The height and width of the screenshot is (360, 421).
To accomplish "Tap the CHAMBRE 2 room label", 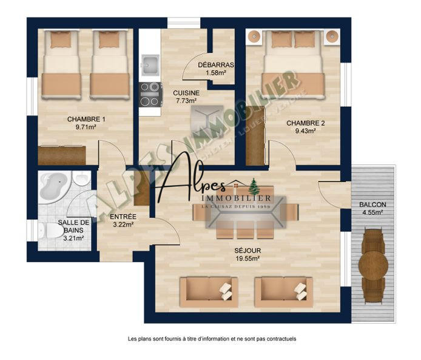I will point(305,123).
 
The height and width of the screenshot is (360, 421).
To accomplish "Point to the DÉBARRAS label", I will point(215,65).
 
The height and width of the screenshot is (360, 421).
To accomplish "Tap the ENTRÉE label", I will point(123,217).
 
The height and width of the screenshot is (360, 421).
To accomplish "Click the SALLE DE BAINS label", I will point(71,226).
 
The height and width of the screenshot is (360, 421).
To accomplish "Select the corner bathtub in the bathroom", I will point(53,187).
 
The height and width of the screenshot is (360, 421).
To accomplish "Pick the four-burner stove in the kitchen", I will point(151,94).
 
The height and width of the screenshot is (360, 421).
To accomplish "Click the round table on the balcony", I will point(372,263).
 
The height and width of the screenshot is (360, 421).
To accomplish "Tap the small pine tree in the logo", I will point(254,185).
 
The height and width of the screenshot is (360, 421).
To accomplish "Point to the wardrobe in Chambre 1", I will point(62,155).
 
